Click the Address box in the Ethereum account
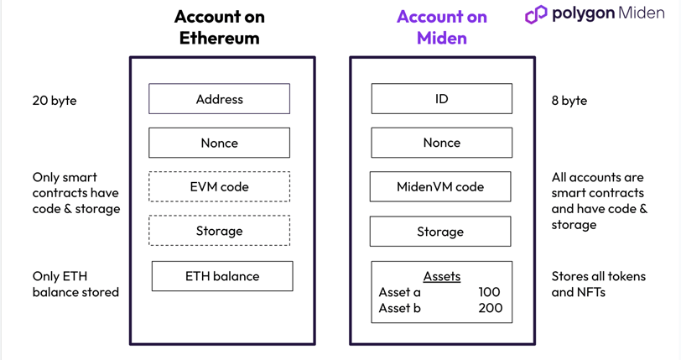220,99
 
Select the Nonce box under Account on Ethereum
220,143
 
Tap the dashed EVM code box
220,186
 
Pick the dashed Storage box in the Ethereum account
220,231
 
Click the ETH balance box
222,276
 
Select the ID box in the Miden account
442,99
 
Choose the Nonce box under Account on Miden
442,143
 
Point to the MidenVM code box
440,186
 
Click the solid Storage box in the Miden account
440,232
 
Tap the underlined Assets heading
442,277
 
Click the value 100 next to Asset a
490,292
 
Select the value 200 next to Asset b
491,308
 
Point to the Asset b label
399,308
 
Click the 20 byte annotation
55,101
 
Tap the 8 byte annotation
569,101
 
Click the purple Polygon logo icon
536,14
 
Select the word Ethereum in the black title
220,39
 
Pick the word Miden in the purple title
442,39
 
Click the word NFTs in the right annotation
590,292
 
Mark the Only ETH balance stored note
75,284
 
